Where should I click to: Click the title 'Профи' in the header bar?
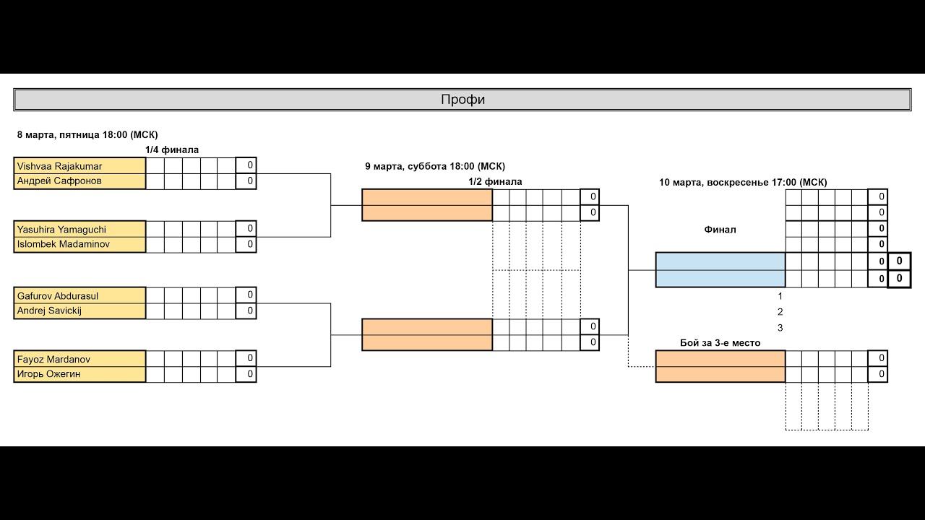click(x=462, y=100)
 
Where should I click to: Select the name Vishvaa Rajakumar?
click(x=59, y=166)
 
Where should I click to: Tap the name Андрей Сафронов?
click(x=59, y=181)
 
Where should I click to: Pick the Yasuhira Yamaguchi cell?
click(x=61, y=229)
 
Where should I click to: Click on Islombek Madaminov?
click(x=64, y=244)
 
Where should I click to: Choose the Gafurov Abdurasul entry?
click(x=58, y=295)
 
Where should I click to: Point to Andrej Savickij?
click(x=49, y=311)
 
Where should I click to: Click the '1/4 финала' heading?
click(x=172, y=150)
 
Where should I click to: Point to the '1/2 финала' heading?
click(x=495, y=182)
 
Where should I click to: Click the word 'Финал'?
click(x=720, y=230)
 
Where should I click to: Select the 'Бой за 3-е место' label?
click(x=720, y=343)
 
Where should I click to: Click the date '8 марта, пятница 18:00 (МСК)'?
click(x=87, y=135)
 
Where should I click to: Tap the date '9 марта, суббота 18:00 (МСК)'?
click(x=435, y=167)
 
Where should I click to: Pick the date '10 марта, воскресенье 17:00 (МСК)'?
click(x=743, y=183)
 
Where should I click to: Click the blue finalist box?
click(x=720, y=269)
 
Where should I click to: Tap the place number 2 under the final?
click(x=780, y=312)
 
